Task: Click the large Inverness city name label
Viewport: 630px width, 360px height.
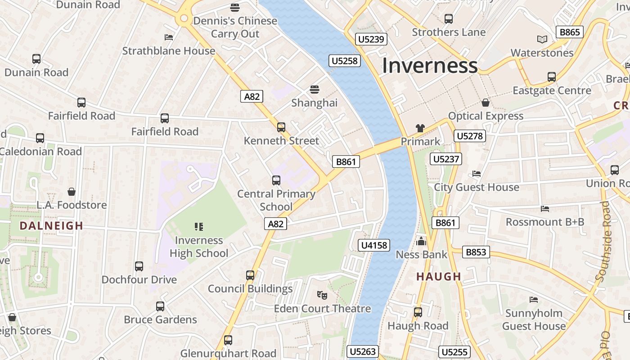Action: point(429,66)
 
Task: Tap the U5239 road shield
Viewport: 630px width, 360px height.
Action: point(371,39)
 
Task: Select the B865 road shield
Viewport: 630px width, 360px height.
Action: point(570,32)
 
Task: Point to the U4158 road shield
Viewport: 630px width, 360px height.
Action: point(373,245)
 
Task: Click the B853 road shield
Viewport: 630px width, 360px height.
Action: point(476,252)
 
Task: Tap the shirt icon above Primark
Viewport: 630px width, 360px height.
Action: point(420,128)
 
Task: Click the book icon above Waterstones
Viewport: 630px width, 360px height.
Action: point(542,40)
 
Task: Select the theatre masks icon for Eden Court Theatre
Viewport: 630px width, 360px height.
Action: point(322,295)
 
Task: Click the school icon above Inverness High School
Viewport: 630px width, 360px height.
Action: point(198,226)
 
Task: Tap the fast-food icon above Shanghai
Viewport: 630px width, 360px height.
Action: point(314,89)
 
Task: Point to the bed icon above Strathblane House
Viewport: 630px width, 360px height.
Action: point(169,37)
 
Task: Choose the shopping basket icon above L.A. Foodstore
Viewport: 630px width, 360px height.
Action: point(71,192)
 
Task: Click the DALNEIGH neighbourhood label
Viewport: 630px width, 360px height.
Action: point(51,226)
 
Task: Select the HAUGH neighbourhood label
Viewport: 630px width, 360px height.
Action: point(439,276)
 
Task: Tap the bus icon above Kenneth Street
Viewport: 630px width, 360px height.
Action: point(281,127)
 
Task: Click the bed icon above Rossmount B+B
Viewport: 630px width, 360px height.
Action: point(544,209)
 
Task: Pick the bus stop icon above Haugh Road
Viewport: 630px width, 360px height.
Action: point(418,312)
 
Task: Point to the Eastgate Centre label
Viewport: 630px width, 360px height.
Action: point(552,90)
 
